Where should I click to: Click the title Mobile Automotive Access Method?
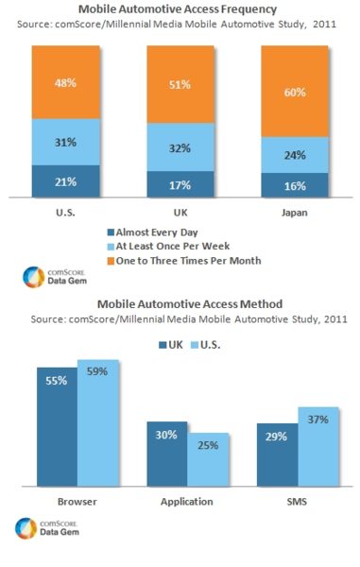point(180,304)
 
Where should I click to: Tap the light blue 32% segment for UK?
point(180,147)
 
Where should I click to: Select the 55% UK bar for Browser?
point(56,424)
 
